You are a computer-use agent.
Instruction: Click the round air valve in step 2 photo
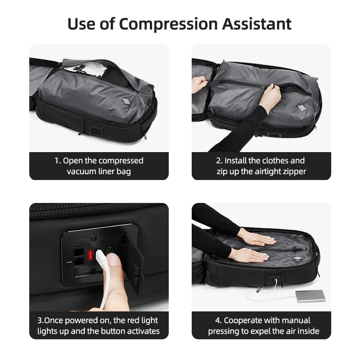[303, 109]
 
